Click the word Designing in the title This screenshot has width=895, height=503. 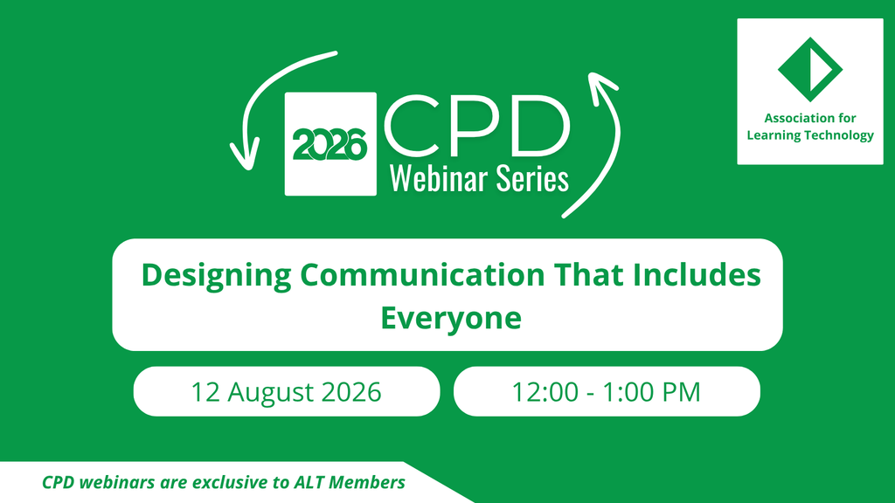click(x=217, y=276)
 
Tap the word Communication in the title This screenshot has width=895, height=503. click(x=422, y=274)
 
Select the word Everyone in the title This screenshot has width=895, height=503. click(x=451, y=319)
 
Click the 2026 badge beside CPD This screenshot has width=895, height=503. click(x=330, y=144)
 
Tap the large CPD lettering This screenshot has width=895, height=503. click(x=477, y=127)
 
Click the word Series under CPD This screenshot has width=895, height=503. click(x=532, y=178)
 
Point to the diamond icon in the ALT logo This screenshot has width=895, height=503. click(x=810, y=70)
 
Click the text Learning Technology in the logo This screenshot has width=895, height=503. click(x=810, y=135)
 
